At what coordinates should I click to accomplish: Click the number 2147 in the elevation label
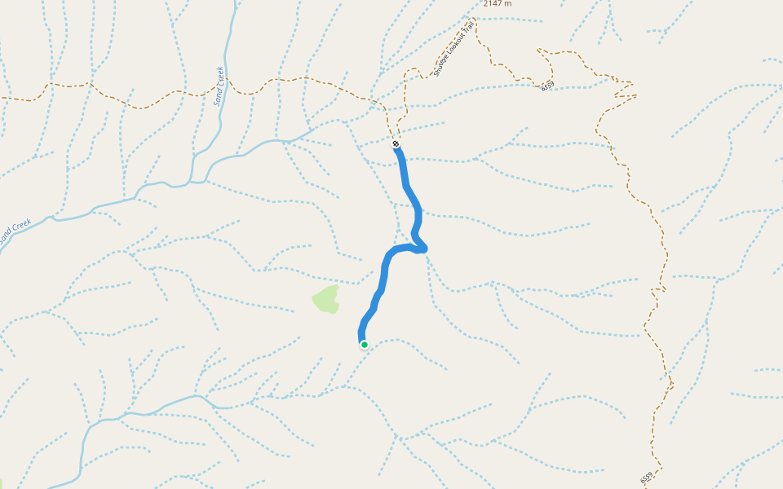click(x=493, y=3)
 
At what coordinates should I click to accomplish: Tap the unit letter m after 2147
click(x=509, y=3)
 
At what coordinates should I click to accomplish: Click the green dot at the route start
click(x=365, y=345)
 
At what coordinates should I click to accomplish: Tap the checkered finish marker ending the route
click(x=396, y=144)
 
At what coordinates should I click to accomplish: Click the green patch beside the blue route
click(x=325, y=299)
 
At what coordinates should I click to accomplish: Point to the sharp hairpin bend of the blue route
click(x=422, y=246)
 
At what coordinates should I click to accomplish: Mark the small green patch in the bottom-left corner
click(x=2, y=483)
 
